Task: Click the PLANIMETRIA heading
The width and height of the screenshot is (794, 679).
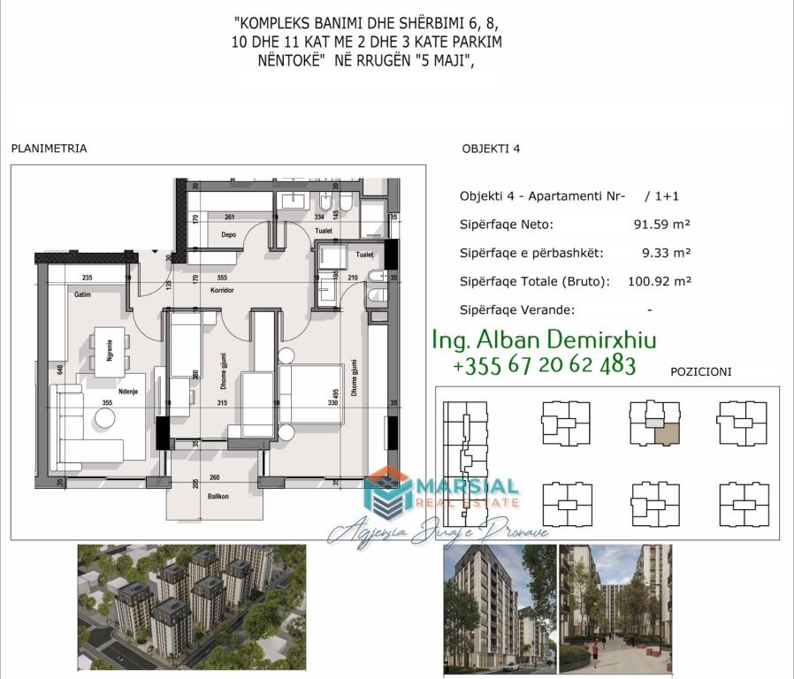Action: click(49, 149)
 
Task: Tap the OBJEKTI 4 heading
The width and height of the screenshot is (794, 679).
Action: click(491, 149)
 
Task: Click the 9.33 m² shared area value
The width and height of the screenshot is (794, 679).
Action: click(666, 253)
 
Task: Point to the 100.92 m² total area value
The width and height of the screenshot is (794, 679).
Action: click(659, 281)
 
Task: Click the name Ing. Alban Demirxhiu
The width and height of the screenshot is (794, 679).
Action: click(544, 340)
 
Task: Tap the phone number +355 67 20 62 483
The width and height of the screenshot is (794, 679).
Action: click(544, 364)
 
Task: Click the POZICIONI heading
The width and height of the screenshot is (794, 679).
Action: click(701, 372)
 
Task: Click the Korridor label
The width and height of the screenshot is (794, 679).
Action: click(221, 290)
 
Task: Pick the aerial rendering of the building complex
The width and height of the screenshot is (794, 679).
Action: click(191, 607)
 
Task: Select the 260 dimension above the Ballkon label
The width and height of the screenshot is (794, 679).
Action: click(214, 478)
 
